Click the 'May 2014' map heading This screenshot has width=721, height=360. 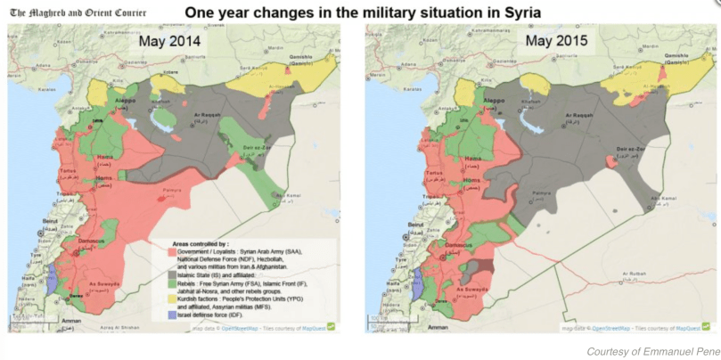(169, 42)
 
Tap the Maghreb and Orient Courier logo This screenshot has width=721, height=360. (78, 12)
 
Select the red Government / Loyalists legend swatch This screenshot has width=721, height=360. (174, 252)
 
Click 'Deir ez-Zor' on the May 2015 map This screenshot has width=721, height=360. (635, 149)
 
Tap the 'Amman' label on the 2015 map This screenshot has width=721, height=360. (438, 328)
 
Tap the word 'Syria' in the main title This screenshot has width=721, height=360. (520, 12)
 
